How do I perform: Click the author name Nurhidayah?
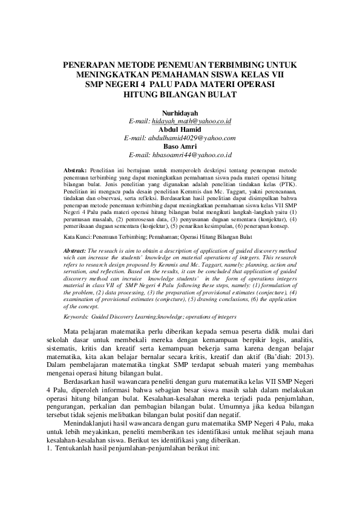point(180,113)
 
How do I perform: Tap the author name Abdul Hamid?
point(180,130)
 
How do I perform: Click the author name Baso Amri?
point(180,147)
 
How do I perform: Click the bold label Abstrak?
point(76,171)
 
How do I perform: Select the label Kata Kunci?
point(78,237)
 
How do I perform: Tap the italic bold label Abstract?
point(75,250)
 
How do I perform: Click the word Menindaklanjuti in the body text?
point(93,426)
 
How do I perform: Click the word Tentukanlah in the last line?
point(76,450)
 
